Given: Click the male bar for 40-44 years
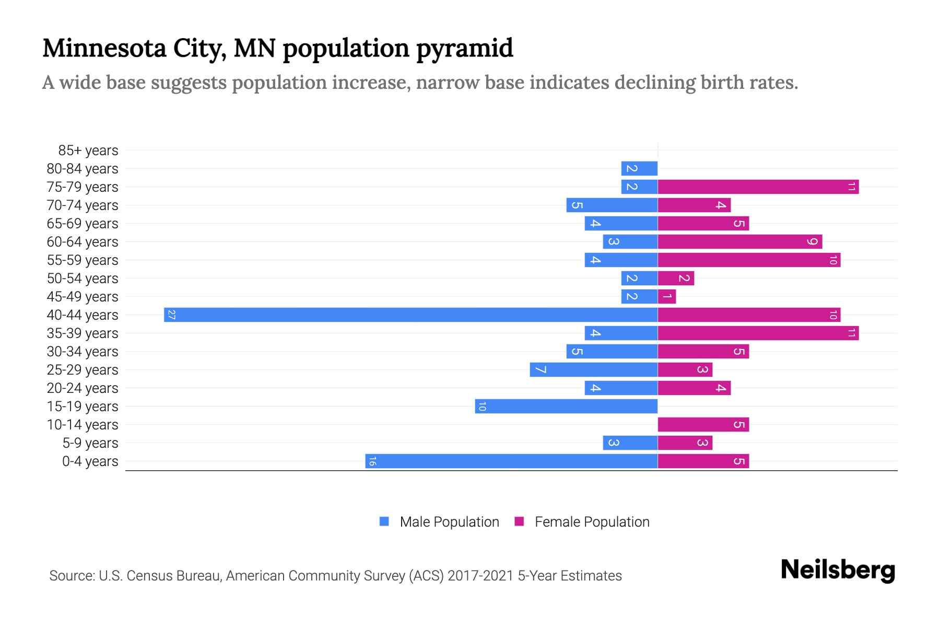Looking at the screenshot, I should (410, 315).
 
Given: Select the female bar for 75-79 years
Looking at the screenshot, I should (758, 187).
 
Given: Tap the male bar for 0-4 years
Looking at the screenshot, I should (511, 461).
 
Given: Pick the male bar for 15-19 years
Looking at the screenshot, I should (566, 406).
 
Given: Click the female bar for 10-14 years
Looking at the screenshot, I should (703, 424).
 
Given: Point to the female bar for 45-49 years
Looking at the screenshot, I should (667, 296).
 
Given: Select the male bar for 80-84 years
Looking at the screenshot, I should (639, 168).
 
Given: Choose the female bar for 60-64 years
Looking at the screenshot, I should (739, 241).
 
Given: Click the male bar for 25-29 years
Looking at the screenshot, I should (593, 369).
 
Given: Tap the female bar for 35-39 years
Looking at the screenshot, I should (758, 333).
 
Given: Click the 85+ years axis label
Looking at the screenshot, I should (88, 150).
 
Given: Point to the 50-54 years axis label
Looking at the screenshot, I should (83, 278).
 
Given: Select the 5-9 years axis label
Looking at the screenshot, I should (90, 443).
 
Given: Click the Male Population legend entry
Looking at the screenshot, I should (449, 521).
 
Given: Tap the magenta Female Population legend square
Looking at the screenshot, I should (519, 521).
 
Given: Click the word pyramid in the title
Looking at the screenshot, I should (465, 48).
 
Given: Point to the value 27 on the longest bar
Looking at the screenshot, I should (171, 315).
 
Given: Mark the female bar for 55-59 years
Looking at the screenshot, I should (749, 260).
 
